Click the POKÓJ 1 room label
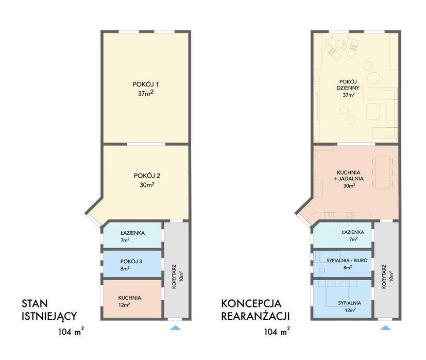coord(146,84)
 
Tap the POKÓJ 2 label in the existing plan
coord(147,176)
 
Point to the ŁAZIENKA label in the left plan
coord(132,233)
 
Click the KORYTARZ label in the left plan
coord(174,277)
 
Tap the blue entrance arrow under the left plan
coord(176,328)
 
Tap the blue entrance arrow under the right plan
coord(385,328)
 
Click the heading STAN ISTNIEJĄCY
coord(49,310)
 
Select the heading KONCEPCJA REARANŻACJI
coord(255,310)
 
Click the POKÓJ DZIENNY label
coord(348,85)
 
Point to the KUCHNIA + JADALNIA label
coord(349,176)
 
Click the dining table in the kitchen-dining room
coord(383,172)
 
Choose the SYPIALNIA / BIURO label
coord(347,260)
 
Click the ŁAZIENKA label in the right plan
coord(353,232)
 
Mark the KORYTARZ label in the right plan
coord(384,277)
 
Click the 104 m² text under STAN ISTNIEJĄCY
coord(71,332)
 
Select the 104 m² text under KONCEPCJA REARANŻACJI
coord(277,332)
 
